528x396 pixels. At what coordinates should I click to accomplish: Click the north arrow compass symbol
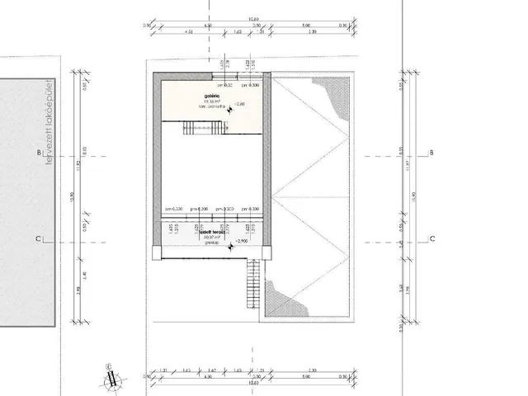pyautogui.click(x=111, y=375)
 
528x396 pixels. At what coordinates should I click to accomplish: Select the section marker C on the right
pyautogui.click(x=431, y=240)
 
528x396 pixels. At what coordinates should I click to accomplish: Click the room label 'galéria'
pyautogui.click(x=212, y=96)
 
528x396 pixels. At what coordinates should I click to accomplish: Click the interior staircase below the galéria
pyautogui.click(x=203, y=127)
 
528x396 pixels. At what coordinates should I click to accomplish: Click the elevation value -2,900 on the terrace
pyautogui.click(x=241, y=240)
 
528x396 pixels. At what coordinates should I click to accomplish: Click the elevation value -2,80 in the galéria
pyautogui.click(x=240, y=105)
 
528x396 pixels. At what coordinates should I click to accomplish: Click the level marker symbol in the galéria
pyautogui.click(x=230, y=108)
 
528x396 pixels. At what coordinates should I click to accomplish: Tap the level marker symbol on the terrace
pyautogui.click(x=230, y=243)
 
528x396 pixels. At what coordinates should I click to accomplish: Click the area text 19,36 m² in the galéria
pyautogui.click(x=213, y=102)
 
